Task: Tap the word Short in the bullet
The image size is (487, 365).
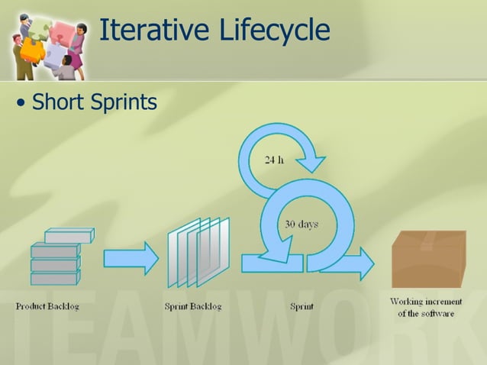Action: pos(59,101)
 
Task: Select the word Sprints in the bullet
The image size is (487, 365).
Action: pos(123,102)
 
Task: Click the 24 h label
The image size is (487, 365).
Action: pos(274,160)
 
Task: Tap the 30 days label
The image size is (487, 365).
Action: pos(302,224)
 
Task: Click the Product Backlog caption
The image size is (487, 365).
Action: pos(47,307)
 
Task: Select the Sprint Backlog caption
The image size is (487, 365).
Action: pos(193,307)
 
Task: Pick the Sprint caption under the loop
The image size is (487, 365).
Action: pos(302,307)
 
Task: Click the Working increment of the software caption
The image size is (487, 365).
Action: pos(426,307)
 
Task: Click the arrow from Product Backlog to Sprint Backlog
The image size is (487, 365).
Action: pos(131,258)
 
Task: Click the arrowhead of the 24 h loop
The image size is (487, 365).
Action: pos(311,163)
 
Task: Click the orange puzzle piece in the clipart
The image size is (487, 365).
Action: pos(32,50)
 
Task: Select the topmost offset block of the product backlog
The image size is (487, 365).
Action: pos(69,236)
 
